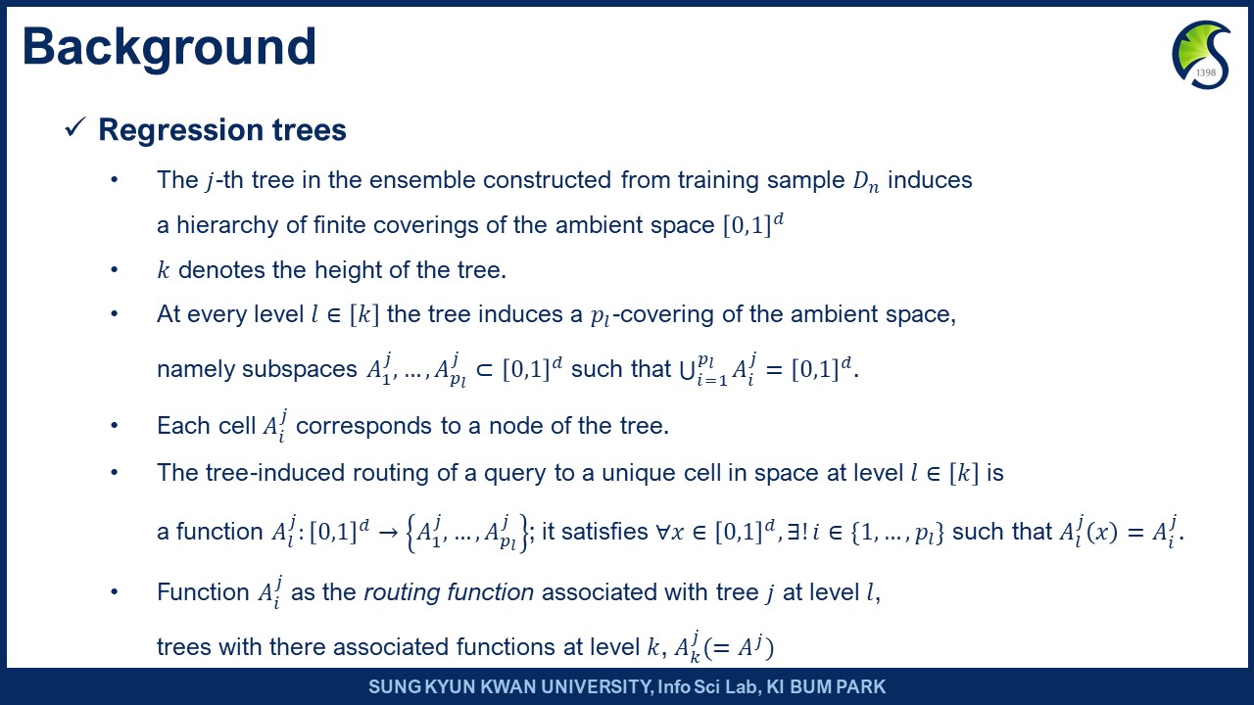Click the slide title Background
tap(169, 49)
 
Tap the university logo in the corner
tap(1201, 55)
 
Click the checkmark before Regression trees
tap(75, 127)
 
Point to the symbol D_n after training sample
tap(865, 182)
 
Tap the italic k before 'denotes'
tap(164, 270)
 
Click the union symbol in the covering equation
tap(687, 370)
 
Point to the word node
tap(515, 426)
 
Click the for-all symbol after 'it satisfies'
tap(662, 532)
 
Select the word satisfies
tap(604, 532)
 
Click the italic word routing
tap(401, 593)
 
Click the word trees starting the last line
tap(183, 647)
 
